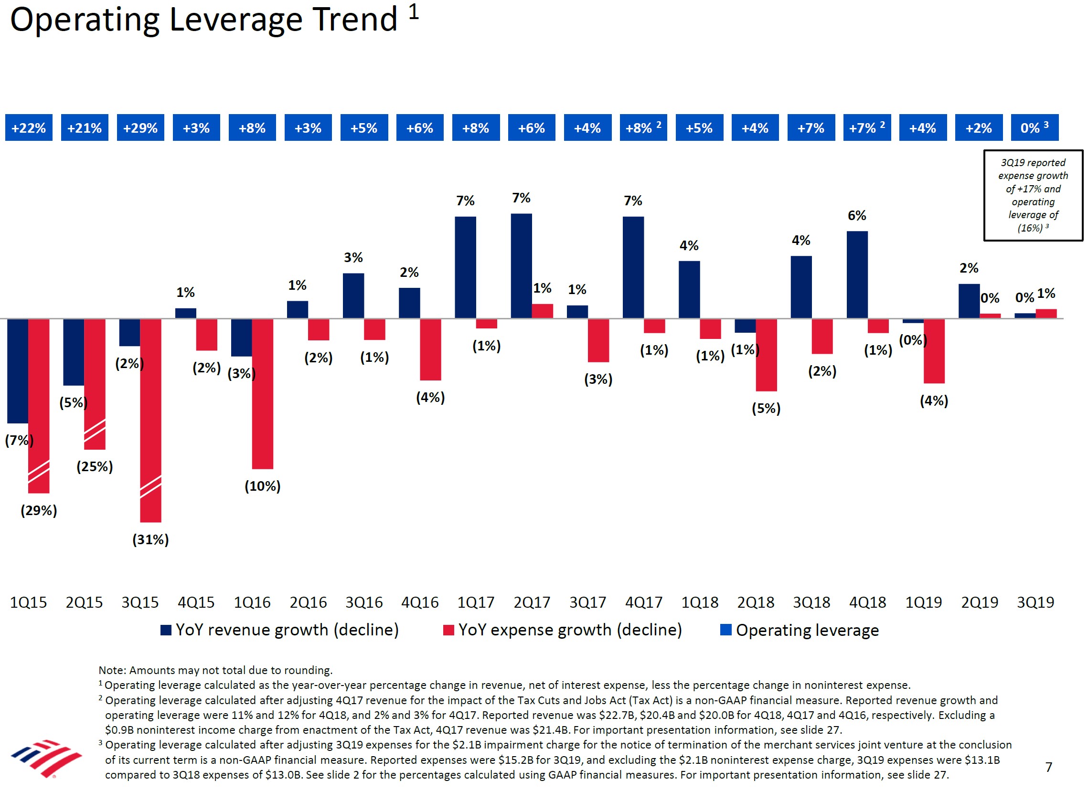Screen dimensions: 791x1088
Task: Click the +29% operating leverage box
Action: (140, 128)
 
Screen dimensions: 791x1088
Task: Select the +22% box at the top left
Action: (29, 128)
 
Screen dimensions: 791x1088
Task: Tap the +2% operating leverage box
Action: (979, 128)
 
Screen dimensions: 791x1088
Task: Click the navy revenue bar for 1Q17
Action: (465, 267)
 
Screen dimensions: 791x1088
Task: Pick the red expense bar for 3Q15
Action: (150, 421)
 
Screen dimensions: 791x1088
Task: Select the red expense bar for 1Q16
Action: (262, 393)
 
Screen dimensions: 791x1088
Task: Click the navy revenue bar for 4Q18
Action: (857, 274)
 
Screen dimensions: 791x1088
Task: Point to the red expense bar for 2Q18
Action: (766, 355)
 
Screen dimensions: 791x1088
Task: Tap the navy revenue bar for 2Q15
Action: (74, 352)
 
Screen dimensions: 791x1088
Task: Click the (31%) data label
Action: (150, 540)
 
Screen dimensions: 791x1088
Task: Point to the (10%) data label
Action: (262, 486)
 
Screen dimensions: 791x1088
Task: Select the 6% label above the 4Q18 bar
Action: (857, 216)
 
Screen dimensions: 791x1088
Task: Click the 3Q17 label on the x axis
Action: (587, 602)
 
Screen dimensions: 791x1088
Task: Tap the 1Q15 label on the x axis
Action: (29, 602)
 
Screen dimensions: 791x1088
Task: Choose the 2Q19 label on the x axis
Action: (980, 602)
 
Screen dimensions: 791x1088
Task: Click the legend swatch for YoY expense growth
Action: (448, 630)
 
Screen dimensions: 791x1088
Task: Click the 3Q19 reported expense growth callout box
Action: (1033, 195)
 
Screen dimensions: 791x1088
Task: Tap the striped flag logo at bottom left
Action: (46, 759)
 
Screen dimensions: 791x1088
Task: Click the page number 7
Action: (1049, 768)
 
